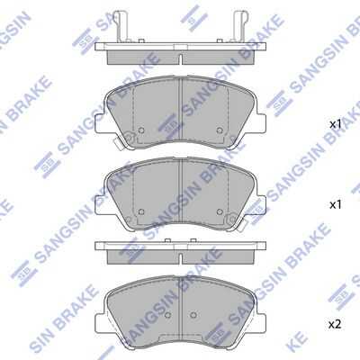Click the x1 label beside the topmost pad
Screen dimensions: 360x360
(x=336, y=124)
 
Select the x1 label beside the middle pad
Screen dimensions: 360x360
(x=336, y=205)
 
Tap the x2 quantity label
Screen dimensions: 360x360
(x=335, y=324)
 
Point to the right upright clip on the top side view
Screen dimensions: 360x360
(x=240, y=26)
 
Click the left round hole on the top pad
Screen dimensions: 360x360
(x=141, y=130)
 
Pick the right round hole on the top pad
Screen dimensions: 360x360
(x=220, y=130)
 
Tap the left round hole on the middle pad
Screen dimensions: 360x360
(x=141, y=211)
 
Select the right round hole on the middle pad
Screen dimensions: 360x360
(x=220, y=211)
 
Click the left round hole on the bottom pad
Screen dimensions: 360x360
(x=168, y=315)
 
